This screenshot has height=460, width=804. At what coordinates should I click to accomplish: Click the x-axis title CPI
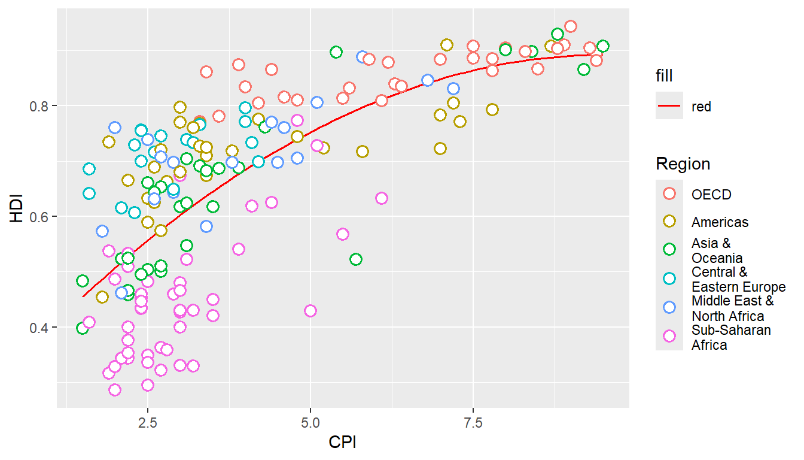tap(343, 444)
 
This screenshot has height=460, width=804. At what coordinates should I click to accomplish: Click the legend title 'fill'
tap(664, 75)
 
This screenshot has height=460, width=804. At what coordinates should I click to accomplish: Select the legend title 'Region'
tap(683, 164)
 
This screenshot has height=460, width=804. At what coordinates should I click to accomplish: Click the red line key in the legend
tap(669, 106)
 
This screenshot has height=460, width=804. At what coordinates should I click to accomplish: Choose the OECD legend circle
tap(669, 193)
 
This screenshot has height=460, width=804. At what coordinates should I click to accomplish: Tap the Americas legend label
tap(720, 222)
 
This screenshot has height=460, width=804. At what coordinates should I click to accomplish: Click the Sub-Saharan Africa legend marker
tap(669, 337)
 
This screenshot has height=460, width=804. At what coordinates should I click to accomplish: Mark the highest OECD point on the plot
tap(571, 26)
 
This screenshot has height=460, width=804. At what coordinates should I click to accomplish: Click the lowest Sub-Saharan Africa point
tap(115, 390)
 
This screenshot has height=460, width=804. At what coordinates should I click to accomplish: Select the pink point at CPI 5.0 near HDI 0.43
tap(310, 310)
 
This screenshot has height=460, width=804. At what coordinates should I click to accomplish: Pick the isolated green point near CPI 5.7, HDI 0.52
tap(356, 259)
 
